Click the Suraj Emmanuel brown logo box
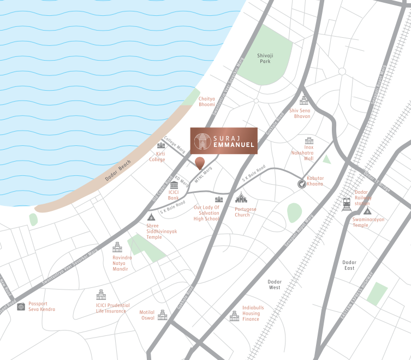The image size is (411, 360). [x=223, y=141]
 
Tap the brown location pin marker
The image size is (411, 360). [x=200, y=162]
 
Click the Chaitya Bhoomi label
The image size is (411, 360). [x=207, y=101]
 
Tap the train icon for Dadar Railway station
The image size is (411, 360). [x=347, y=204]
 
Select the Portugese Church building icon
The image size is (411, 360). [x=241, y=198]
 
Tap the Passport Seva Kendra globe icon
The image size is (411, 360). [x=21, y=306]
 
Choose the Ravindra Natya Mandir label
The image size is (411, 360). [x=122, y=263]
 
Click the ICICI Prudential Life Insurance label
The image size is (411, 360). [x=113, y=308]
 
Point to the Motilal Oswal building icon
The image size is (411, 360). [x=162, y=315]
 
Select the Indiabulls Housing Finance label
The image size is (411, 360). [x=253, y=313]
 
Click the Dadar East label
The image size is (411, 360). [x=349, y=265]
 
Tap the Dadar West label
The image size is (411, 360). [x=275, y=284]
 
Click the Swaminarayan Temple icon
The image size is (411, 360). [x=367, y=211]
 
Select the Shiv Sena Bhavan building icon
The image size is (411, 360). [x=304, y=101]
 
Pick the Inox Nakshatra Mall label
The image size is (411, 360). [x=317, y=153]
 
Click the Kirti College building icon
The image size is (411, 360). [x=161, y=145]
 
